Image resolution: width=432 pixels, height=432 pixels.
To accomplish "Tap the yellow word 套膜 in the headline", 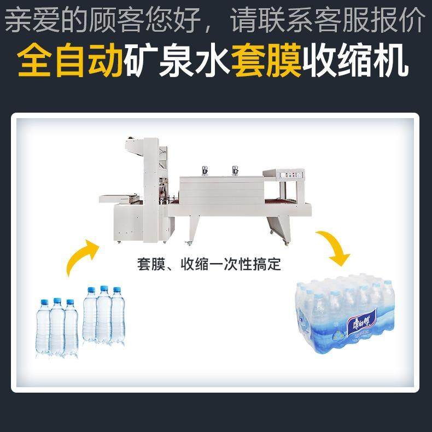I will (266, 62).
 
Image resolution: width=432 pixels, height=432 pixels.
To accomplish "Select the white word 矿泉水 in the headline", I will (176, 62).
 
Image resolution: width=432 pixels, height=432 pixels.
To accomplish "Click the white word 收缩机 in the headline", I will (355, 62).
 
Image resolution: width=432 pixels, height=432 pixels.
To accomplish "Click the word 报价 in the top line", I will (404, 21).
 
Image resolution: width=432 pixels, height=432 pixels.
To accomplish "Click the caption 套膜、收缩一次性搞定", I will (209, 265).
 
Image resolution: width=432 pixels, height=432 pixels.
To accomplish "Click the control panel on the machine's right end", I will (288, 176).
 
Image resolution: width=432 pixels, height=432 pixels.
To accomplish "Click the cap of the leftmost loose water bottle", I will (43, 301).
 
